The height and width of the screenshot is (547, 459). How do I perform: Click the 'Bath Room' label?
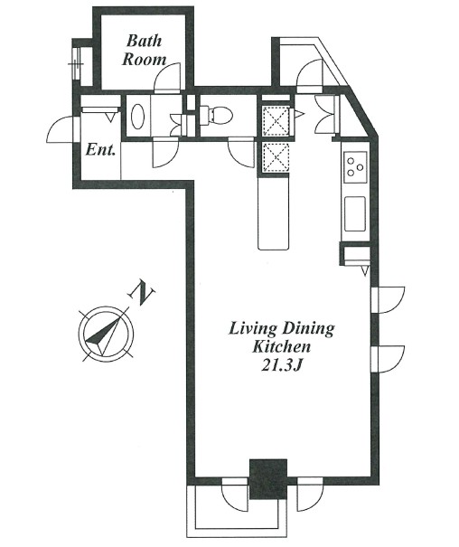coord(145,50)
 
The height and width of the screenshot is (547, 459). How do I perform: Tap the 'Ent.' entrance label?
coord(99,150)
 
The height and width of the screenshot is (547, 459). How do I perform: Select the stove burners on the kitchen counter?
coord(354,166)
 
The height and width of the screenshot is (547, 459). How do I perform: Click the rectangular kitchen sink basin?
coord(354,214)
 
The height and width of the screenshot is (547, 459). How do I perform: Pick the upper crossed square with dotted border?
coord(274,118)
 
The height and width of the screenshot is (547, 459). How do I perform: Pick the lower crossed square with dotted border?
coord(274,156)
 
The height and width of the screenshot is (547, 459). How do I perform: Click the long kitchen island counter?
coord(273,212)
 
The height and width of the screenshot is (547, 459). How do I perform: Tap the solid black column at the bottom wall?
coord(267,478)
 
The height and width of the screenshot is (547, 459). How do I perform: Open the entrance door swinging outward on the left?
coord(61,130)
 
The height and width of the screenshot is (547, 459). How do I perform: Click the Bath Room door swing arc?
coord(168,77)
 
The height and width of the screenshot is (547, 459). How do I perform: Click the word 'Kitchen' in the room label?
coord(282,346)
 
